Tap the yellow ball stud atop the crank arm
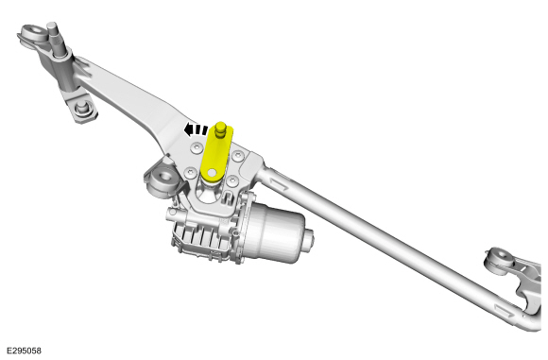[x=220, y=129]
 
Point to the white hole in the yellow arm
[x=212, y=173]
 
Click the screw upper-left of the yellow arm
[x=197, y=147]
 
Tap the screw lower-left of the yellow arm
[x=190, y=172]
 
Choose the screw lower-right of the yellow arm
[x=232, y=181]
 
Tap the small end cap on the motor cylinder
[x=309, y=239]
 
